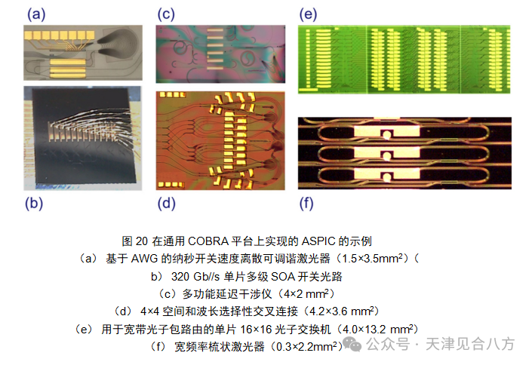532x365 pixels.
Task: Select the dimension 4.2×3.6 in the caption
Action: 335,311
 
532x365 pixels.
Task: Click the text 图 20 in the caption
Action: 135,241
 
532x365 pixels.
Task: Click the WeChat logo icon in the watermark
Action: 352,344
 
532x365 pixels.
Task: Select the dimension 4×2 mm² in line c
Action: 298,293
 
